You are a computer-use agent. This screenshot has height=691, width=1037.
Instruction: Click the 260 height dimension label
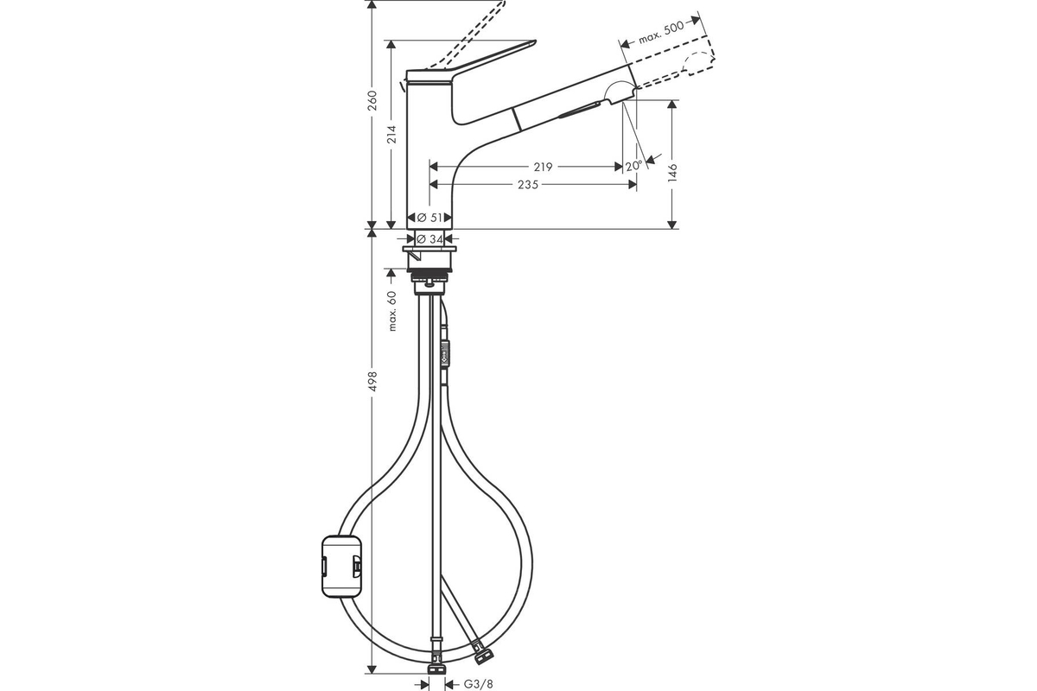click(x=372, y=100)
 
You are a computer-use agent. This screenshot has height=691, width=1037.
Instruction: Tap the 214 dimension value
click(x=391, y=134)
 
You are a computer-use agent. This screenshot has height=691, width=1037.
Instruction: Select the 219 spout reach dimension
click(x=543, y=167)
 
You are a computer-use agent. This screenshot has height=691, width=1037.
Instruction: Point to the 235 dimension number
click(x=528, y=185)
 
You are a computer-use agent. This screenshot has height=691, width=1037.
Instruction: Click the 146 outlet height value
click(x=672, y=173)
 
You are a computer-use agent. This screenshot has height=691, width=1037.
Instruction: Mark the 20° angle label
click(x=633, y=166)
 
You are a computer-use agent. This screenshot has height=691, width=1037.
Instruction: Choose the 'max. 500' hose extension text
click(x=661, y=33)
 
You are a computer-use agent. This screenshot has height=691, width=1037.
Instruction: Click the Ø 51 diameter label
click(x=429, y=217)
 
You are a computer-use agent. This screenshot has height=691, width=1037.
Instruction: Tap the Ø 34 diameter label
click(x=429, y=238)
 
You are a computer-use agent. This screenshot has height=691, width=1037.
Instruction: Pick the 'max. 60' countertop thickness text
click(x=392, y=311)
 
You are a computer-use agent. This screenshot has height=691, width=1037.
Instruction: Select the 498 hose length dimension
click(x=372, y=381)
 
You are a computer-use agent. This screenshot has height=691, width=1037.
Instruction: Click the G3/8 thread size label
click(x=478, y=683)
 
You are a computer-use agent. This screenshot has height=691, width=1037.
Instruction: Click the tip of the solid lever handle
click(x=535, y=42)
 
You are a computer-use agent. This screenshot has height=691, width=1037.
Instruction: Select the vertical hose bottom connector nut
click(x=437, y=669)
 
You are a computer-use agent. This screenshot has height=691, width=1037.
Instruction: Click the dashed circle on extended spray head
click(x=697, y=64)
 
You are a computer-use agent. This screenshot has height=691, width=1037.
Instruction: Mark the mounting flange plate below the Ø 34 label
click(x=429, y=249)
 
